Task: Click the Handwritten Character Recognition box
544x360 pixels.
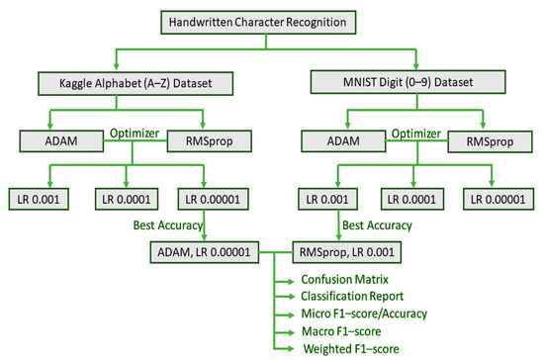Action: click(x=264, y=19)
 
